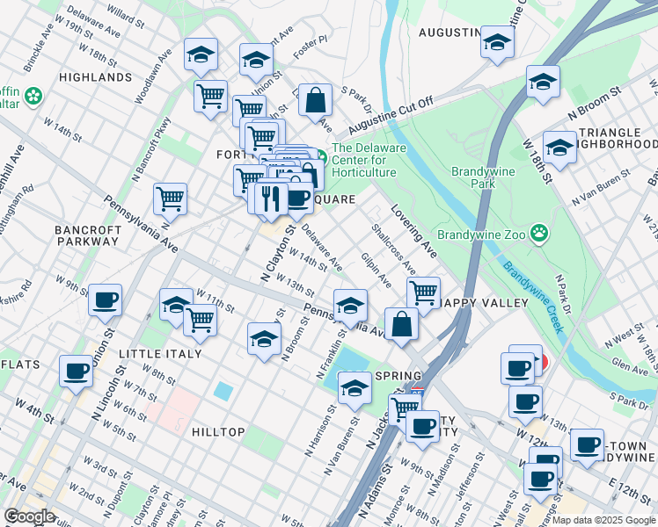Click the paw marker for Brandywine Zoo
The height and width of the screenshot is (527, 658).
pos(538,234)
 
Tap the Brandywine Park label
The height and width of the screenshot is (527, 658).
pos(480,178)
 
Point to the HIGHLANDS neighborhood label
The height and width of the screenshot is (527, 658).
pos(95,77)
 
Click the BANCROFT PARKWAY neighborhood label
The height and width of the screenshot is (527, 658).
pos(88,237)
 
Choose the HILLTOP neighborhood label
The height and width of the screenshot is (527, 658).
pos(217,432)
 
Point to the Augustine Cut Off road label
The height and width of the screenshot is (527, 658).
pos(396,114)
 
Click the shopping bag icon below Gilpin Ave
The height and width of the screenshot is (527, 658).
pos(401,323)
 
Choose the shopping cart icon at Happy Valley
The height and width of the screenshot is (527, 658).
pos(424,292)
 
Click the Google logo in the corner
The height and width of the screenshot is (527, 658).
pos(29,516)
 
